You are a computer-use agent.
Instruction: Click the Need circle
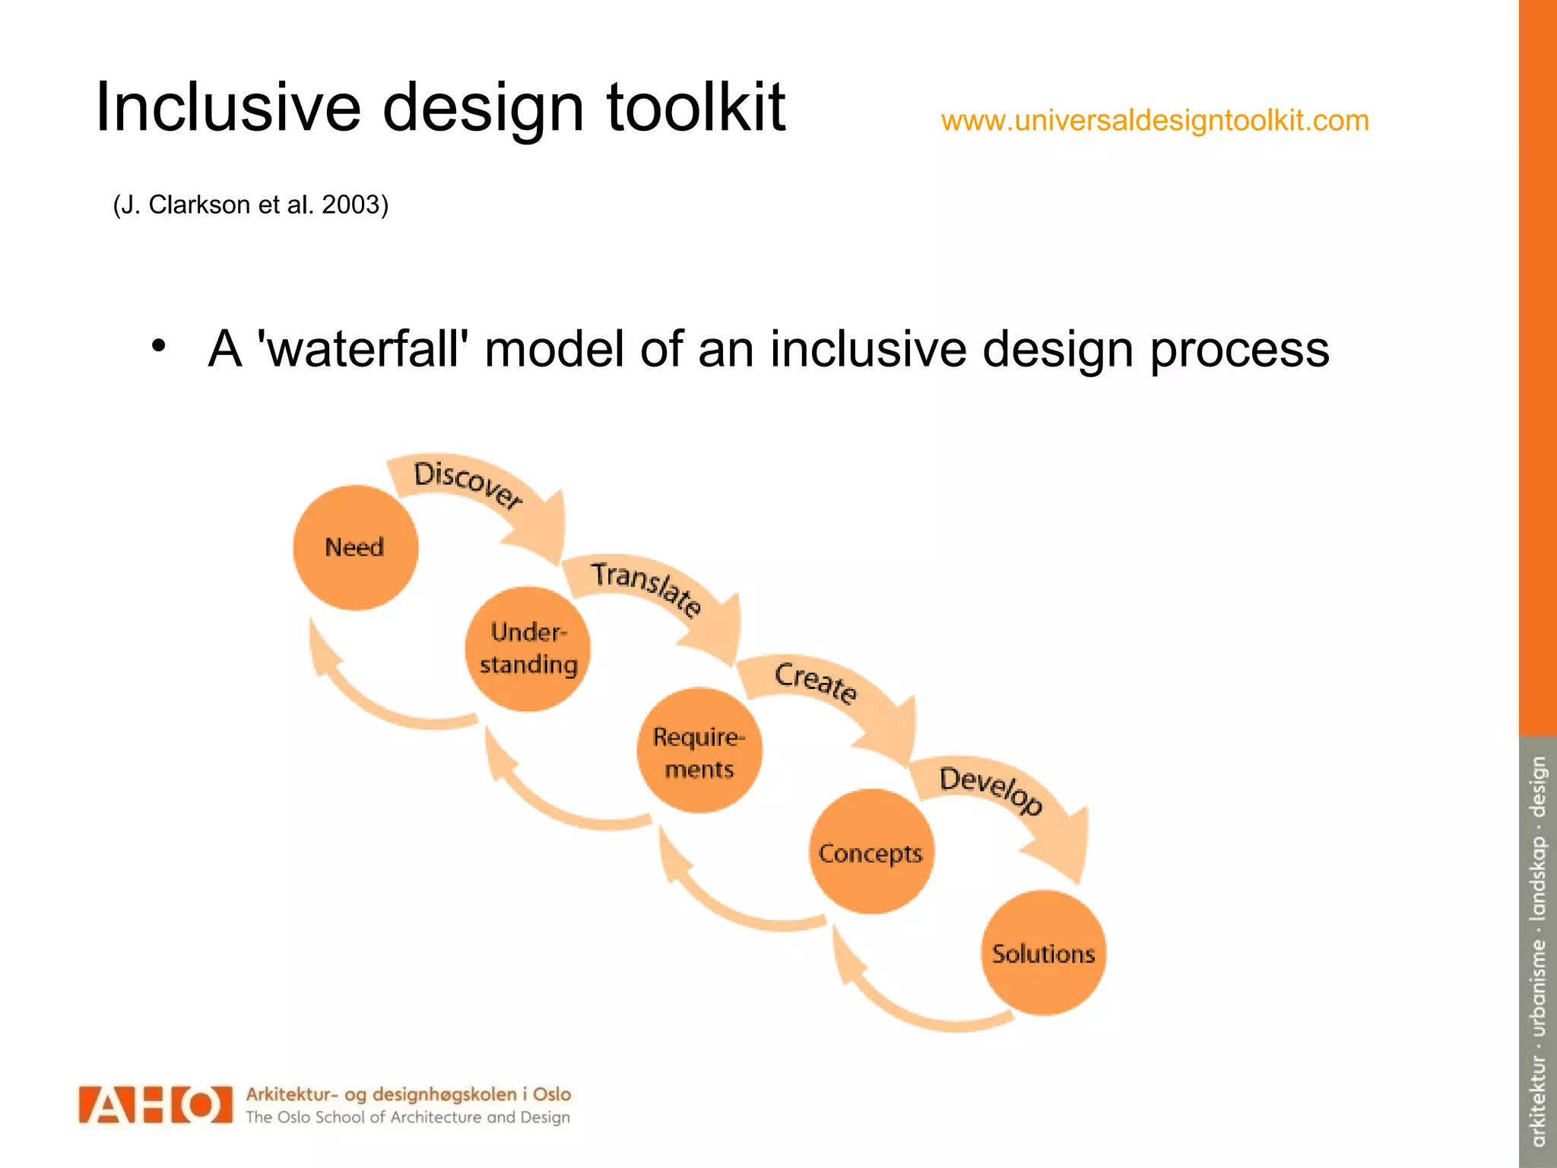(355, 547)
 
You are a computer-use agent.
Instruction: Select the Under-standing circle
(528, 649)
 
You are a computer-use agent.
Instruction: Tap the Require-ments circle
(699, 751)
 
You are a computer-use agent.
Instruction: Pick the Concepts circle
(870, 852)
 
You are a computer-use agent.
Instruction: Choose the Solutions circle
(1043, 954)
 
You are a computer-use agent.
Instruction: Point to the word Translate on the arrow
(646, 588)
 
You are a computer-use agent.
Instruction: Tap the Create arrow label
(816, 681)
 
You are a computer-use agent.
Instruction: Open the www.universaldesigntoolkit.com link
(1155, 121)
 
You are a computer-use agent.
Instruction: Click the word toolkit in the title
(695, 107)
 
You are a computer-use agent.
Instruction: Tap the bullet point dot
(158, 346)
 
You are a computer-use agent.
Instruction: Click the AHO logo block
(155, 1105)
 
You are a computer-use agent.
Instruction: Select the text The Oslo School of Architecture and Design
(407, 1118)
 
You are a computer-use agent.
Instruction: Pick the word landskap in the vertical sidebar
(1537, 878)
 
